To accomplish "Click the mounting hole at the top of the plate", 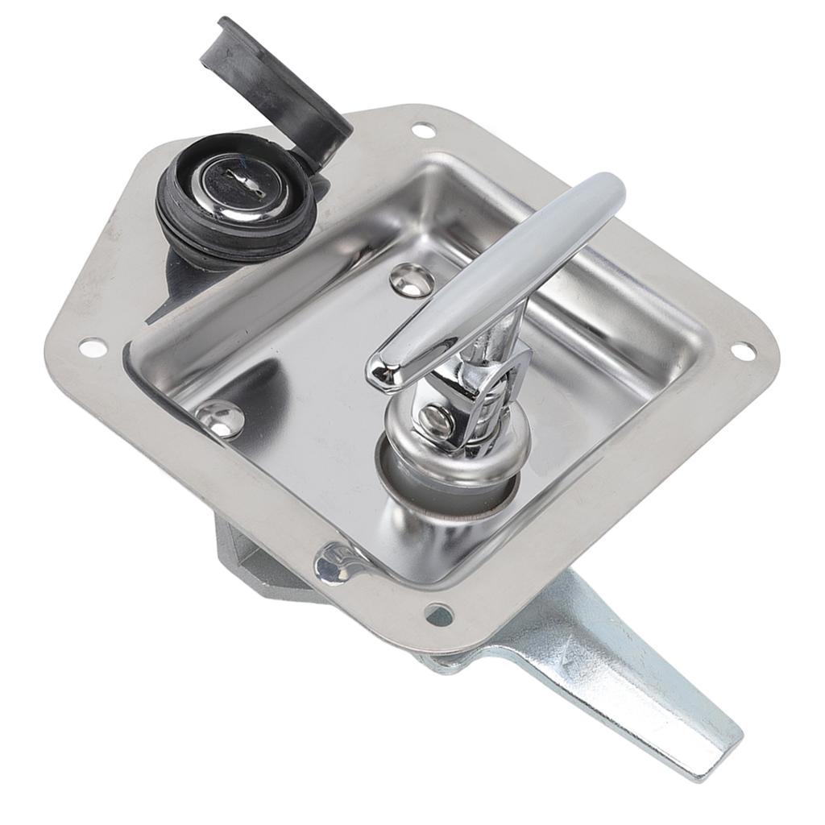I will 422,130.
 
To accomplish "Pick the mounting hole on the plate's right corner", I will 742,351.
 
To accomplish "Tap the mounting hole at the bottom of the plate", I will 439,615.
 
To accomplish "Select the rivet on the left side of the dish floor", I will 219,417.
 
